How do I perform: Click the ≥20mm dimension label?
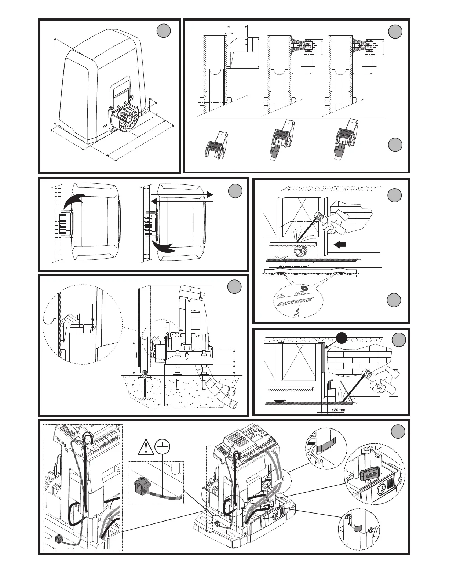tap(336, 410)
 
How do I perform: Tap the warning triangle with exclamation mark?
tap(146, 447)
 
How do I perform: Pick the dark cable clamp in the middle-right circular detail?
tap(370, 475)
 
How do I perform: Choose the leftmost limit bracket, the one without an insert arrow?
tap(217, 146)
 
